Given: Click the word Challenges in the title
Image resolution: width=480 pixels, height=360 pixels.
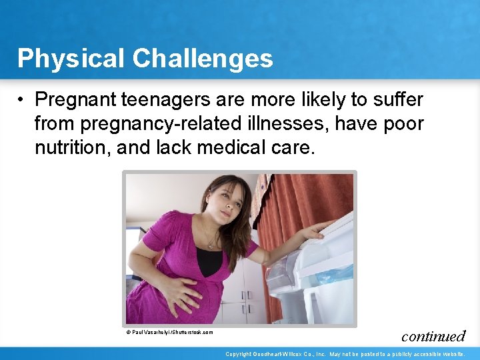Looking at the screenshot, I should pos(203,59).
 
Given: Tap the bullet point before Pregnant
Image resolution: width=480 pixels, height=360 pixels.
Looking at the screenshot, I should pos(22,100).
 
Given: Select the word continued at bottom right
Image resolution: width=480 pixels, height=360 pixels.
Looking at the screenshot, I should pos(433,336).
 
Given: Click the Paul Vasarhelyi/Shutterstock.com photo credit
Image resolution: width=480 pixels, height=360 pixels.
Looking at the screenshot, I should pos(170,332).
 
